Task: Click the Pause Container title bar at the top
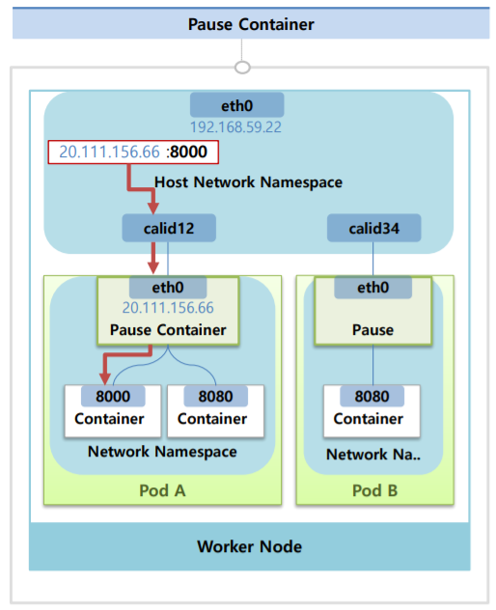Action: pos(250,24)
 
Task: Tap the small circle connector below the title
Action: pos(243,67)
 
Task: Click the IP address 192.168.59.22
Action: pos(236,125)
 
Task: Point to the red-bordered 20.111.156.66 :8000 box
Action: pos(133,152)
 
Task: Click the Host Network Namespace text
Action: pos(248,181)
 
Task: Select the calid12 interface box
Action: pos(168,229)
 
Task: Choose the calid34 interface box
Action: pos(372,229)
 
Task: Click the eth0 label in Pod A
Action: pos(168,287)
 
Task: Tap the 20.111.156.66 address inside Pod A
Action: pos(168,308)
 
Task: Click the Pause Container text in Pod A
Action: pos(168,330)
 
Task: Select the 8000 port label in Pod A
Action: pos(112,396)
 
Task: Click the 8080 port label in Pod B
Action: pos(372,396)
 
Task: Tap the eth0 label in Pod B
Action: pos(372,287)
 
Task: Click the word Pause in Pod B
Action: pos(372,330)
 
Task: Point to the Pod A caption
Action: pos(161,488)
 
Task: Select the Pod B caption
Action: pos(372,488)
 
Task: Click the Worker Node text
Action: pos(249,546)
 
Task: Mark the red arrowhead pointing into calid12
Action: pos(152,208)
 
